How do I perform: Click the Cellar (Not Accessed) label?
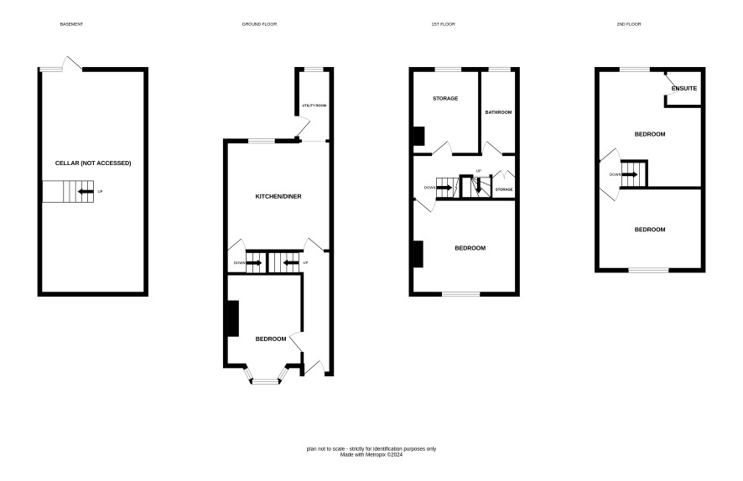pyautogui.click(x=93, y=163)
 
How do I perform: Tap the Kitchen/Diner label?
pyautogui.click(x=278, y=196)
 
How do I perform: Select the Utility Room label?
pyautogui.click(x=314, y=106)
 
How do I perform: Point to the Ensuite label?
pyautogui.click(x=684, y=89)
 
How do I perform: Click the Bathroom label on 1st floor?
pyautogui.click(x=498, y=112)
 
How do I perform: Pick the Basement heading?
pyautogui.click(x=71, y=24)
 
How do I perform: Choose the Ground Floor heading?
pyautogui.click(x=259, y=24)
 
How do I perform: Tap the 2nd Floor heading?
pyautogui.click(x=629, y=24)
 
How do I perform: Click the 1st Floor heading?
pyautogui.click(x=443, y=24)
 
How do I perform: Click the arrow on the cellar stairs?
pyautogui.click(x=86, y=191)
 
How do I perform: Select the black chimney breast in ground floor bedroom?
pyautogui.click(x=233, y=318)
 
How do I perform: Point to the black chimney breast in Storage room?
pyautogui.click(x=419, y=137)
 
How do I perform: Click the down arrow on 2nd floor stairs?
pyautogui.click(x=630, y=174)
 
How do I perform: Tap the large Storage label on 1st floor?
pyautogui.click(x=445, y=99)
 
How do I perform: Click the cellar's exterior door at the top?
pyautogui.click(x=72, y=64)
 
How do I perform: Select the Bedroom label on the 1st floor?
pyautogui.click(x=470, y=248)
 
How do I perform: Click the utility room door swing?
pyautogui.click(x=302, y=127)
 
